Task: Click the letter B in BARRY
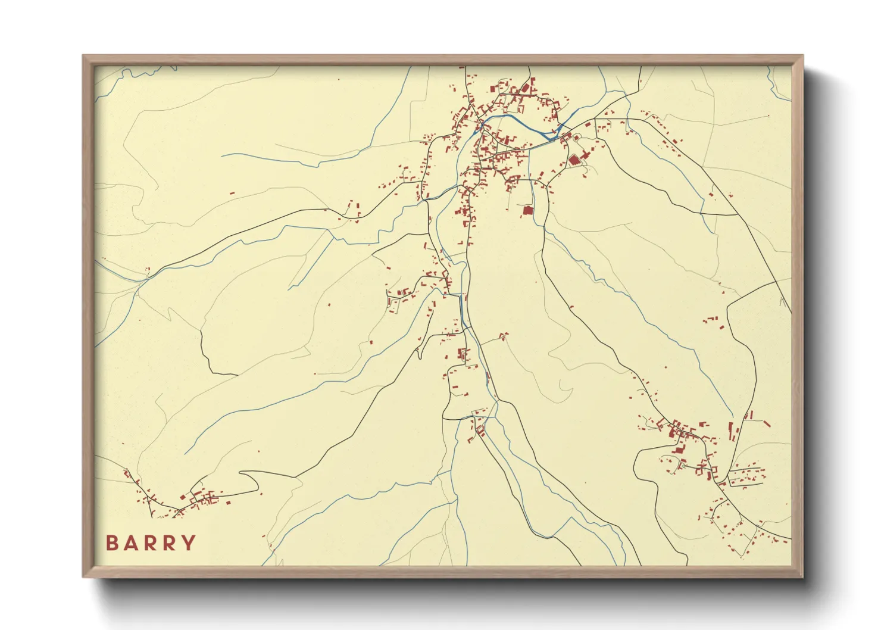pos(111,543)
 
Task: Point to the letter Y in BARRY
pos(189,543)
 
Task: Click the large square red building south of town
pos(527,210)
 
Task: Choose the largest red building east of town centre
pos(574,160)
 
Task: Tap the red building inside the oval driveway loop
pos(576,138)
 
